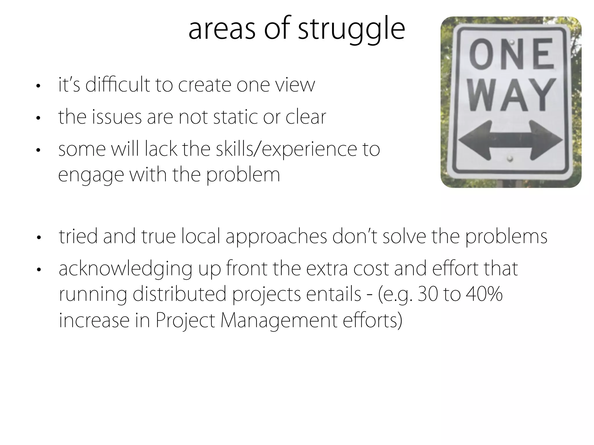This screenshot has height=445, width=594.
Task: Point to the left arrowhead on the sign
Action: (471, 140)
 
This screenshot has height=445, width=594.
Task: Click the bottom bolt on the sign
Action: (510, 158)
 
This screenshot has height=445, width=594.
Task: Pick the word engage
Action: (91, 176)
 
